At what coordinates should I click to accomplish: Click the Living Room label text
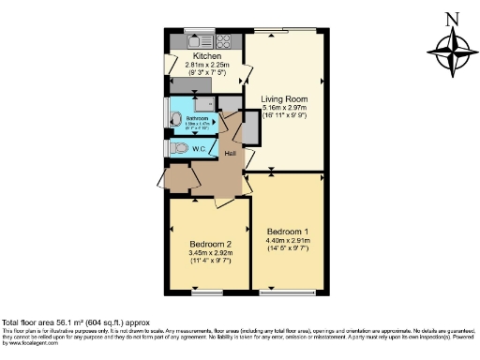coord(284,99)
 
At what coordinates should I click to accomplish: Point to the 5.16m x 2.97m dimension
coord(284,110)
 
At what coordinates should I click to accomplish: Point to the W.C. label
coord(199,148)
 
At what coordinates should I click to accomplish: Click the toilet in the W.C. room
coord(178,148)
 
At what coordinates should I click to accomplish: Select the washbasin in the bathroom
coord(175,119)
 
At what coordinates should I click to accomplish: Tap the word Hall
coord(230,153)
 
